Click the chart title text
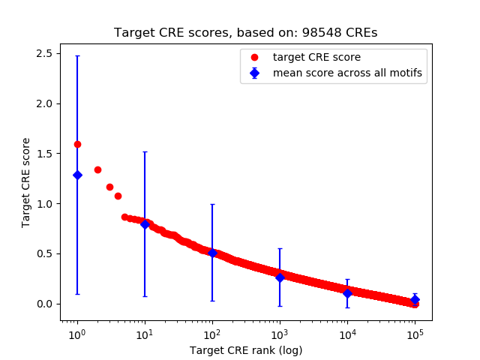245,33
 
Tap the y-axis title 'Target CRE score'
26,182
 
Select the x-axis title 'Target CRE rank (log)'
245,350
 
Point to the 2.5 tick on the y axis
43,53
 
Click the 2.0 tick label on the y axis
43,103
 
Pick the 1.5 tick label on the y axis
43,154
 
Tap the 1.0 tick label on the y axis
43,204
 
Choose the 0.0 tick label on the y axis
43,304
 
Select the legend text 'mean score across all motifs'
347,73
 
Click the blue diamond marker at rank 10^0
77,175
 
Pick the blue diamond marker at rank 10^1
145,223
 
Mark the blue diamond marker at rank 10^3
280,277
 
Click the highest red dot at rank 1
77,144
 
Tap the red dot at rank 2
97,169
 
